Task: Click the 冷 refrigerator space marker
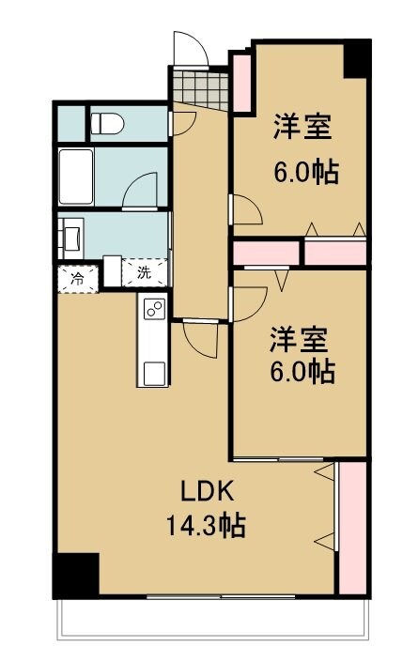point(75,277)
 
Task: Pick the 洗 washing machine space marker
point(144,273)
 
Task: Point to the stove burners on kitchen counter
point(153,308)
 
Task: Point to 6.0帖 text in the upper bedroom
point(305,172)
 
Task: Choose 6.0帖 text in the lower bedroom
point(302,372)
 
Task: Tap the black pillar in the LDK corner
point(75,575)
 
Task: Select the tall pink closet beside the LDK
point(351,526)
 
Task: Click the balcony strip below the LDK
point(211,620)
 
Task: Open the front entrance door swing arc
point(187,47)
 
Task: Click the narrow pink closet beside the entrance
point(240,81)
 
